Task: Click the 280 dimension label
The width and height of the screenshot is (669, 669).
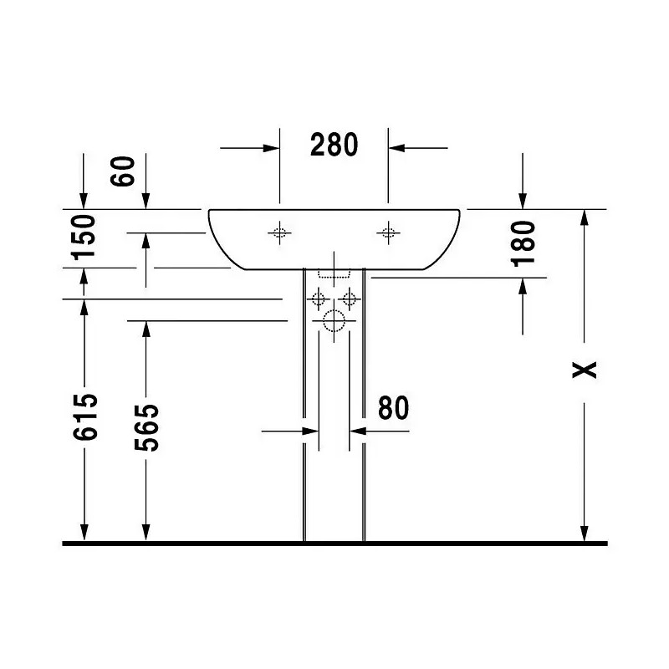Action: pyautogui.click(x=334, y=145)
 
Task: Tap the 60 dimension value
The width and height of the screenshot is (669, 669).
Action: pyautogui.click(x=122, y=171)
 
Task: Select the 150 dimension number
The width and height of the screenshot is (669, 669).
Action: pyautogui.click(x=84, y=237)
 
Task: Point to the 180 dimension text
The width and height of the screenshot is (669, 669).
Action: pyautogui.click(x=523, y=243)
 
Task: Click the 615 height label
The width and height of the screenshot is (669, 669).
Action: pyautogui.click(x=85, y=416)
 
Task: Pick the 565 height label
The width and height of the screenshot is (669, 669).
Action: pyautogui.click(x=146, y=427)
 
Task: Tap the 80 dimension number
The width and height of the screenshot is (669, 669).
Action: pyautogui.click(x=393, y=408)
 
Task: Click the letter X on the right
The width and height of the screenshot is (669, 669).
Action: pyautogui.click(x=584, y=370)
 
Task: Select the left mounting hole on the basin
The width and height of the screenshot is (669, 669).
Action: pyautogui.click(x=279, y=233)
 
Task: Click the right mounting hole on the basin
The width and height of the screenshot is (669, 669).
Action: pyautogui.click(x=388, y=233)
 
